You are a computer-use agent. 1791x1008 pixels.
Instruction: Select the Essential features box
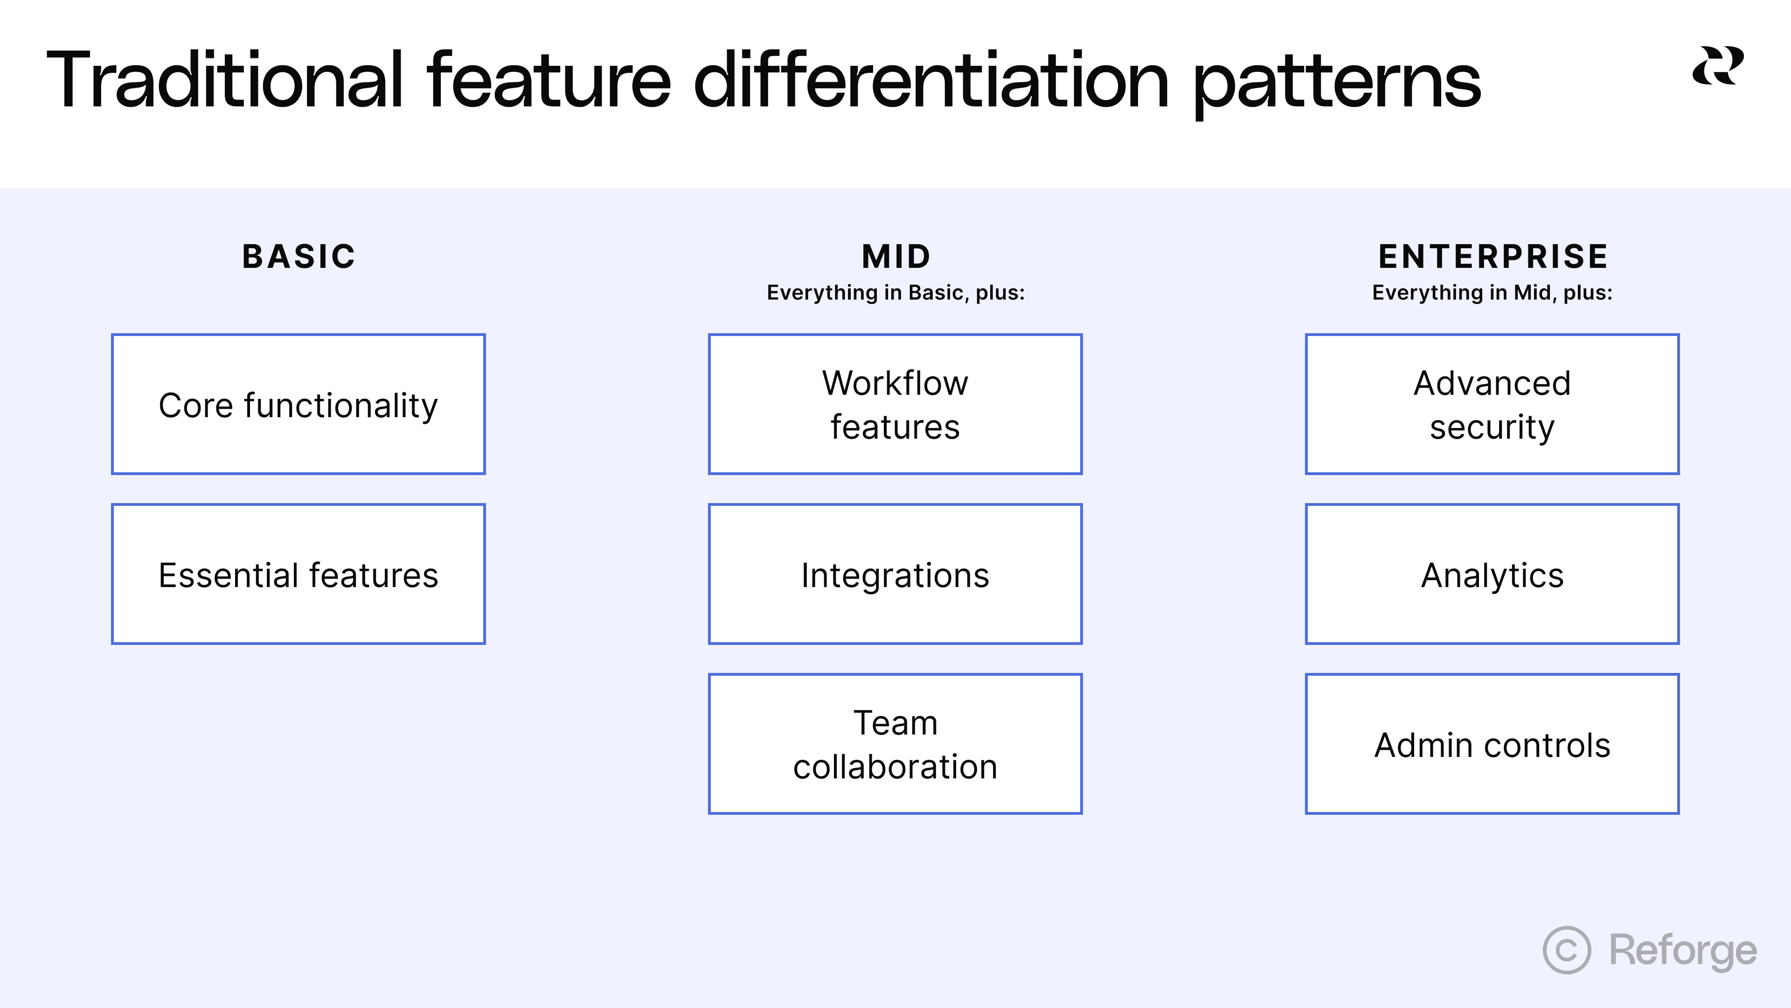pos(298,574)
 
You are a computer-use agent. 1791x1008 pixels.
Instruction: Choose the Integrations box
pos(895,574)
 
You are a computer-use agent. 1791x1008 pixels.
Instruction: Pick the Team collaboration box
pos(895,744)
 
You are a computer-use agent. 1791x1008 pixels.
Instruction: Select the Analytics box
pos(1492,574)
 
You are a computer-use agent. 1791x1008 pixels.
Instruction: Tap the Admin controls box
pos(1492,744)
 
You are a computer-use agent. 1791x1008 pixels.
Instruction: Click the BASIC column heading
pos(299,256)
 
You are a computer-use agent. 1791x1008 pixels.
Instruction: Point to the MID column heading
pos(896,256)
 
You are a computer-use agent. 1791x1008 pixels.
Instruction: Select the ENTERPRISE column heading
pos(1492,256)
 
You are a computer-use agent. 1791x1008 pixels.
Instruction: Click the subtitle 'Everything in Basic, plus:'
pos(895,293)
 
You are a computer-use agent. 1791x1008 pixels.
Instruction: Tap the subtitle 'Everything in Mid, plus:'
pos(1492,293)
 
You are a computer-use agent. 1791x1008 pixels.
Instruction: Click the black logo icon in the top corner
pos(1717,66)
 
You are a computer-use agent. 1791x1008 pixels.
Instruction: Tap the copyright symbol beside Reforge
pos(1567,950)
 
